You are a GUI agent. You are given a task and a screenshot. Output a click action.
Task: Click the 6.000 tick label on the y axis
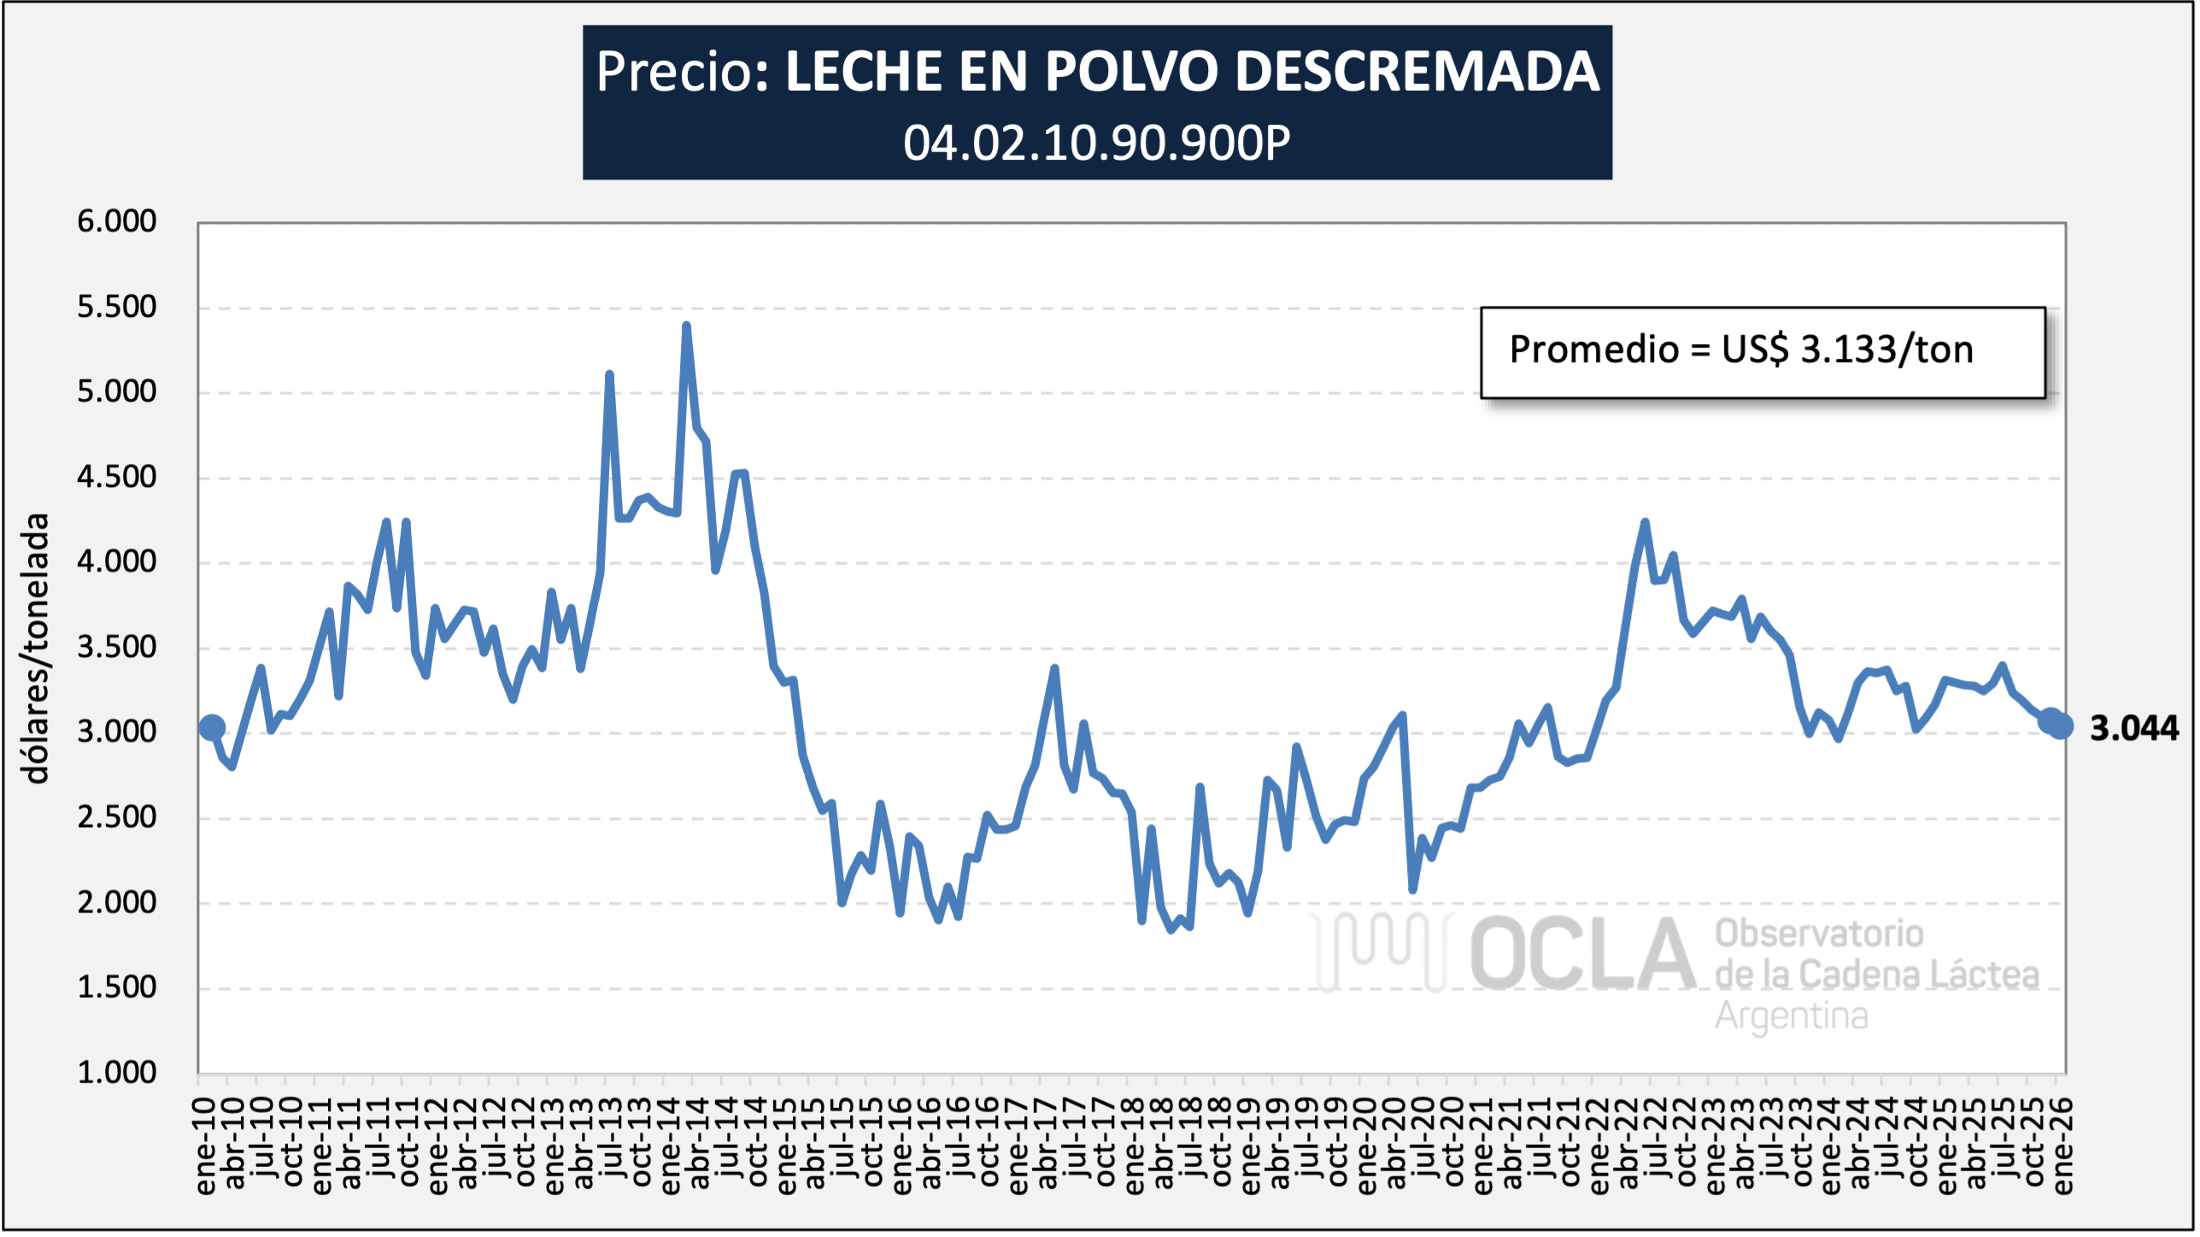point(117,221)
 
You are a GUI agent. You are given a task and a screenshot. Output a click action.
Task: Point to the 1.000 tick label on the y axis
point(117,1072)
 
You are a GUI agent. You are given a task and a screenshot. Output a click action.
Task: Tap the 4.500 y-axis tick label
point(117,477)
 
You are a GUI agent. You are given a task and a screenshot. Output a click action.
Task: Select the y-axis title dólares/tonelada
point(36,648)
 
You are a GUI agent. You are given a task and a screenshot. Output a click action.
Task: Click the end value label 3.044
point(2133,729)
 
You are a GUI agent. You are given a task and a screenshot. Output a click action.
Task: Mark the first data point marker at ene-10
point(212,728)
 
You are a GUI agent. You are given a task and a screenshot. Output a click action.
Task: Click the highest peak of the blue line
point(686,325)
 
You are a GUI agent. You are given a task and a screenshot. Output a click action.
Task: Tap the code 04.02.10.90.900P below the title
point(1097,143)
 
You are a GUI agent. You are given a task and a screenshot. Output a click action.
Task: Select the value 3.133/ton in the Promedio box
point(1886,350)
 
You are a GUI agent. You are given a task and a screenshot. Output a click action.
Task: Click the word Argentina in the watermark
point(1792,1017)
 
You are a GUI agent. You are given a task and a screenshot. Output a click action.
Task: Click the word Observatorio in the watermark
point(1819,934)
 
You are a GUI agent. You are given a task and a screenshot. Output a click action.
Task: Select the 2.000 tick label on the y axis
point(117,902)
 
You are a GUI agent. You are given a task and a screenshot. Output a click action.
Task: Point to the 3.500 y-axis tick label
point(117,647)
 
